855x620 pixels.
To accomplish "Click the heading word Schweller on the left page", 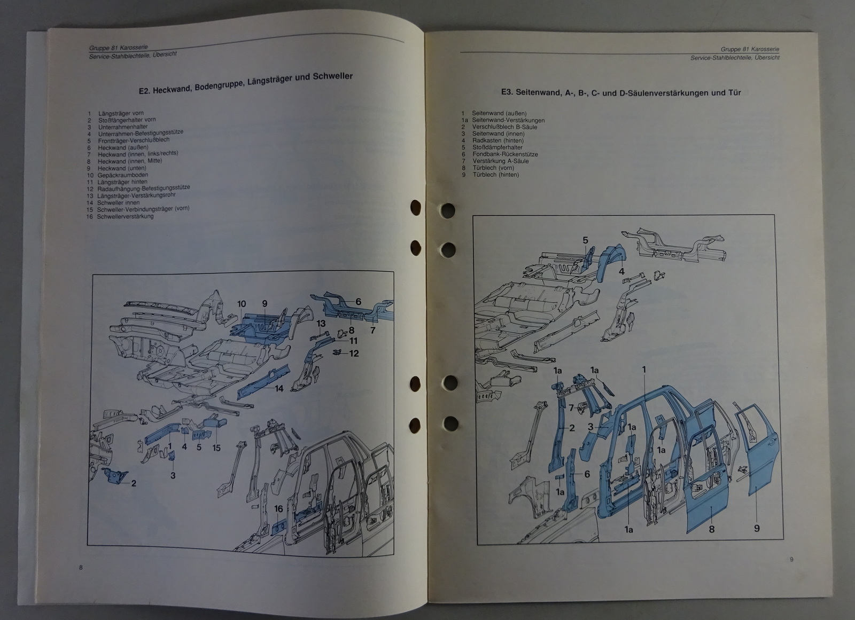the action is [332, 76].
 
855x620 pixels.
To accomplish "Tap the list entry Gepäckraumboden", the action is [122, 175].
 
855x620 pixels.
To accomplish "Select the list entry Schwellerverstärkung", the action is [125, 216].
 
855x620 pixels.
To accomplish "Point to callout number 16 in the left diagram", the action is [278, 508].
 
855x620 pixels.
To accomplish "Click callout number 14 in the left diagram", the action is [279, 388].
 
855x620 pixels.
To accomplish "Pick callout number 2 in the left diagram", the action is [134, 483].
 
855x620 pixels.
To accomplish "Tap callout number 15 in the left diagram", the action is [216, 448].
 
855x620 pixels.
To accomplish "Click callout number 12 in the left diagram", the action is [354, 354].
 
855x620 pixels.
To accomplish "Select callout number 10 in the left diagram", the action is [242, 304].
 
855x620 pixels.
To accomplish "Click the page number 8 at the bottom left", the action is [81, 567].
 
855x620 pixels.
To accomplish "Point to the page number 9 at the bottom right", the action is [791, 559].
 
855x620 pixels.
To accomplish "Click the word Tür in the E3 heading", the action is [734, 93].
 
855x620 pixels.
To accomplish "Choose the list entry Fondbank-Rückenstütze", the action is [505, 154].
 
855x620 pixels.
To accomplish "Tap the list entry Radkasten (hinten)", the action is [498, 140].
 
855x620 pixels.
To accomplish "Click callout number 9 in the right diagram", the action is [757, 528].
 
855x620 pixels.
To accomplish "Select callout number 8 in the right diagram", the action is [711, 529].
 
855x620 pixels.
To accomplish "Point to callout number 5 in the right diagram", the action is [585, 240].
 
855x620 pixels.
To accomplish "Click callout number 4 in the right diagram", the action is [621, 271].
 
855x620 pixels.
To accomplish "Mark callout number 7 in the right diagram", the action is [571, 408].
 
